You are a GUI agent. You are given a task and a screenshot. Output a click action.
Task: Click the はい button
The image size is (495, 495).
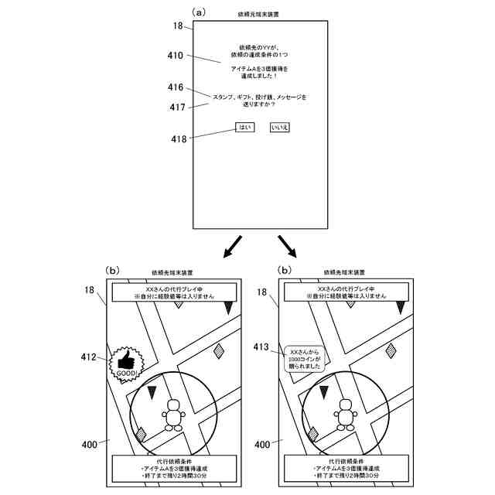click(x=244, y=127)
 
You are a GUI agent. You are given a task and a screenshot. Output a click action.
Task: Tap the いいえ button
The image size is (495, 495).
click(x=278, y=127)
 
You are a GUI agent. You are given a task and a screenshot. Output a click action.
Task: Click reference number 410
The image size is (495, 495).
click(x=174, y=56)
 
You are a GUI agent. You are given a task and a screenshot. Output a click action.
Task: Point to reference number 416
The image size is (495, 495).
click(x=174, y=87)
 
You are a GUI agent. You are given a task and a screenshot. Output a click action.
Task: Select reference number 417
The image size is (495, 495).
click(x=177, y=107)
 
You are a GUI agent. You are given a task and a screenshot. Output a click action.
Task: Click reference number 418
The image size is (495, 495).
click(x=179, y=139)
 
